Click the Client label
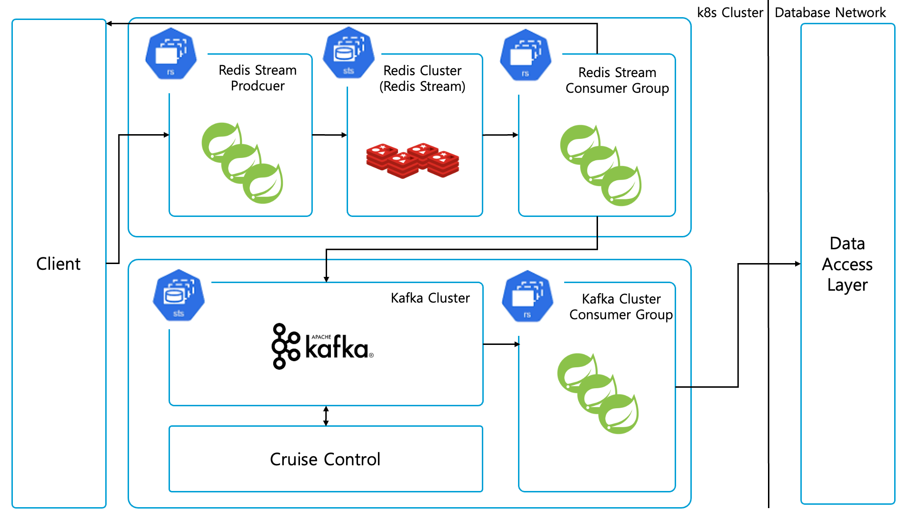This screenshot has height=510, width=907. [58, 264]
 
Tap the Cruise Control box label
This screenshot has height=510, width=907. [325, 459]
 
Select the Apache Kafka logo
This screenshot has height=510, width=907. [322, 346]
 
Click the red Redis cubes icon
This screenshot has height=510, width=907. [412, 160]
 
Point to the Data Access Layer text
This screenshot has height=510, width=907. [847, 264]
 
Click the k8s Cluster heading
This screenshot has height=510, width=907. [729, 12]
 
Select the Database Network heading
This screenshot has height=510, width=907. [830, 12]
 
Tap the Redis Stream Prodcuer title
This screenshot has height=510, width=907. [258, 78]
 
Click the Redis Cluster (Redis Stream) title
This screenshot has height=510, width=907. [422, 78]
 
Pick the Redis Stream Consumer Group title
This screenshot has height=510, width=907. [617, 80]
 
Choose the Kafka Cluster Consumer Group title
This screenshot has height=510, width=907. [621, 307]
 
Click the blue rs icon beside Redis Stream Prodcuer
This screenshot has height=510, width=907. [171, 53]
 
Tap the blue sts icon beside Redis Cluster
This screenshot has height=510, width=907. [349, 52]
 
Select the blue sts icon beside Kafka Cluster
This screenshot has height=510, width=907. [179, 295]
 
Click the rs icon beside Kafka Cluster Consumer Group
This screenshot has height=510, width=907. [528, 296]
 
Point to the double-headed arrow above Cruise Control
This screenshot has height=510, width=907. [326, 416]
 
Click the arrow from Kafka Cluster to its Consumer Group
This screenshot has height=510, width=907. [501, 344]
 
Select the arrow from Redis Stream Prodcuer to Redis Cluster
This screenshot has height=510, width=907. [329, 135]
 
